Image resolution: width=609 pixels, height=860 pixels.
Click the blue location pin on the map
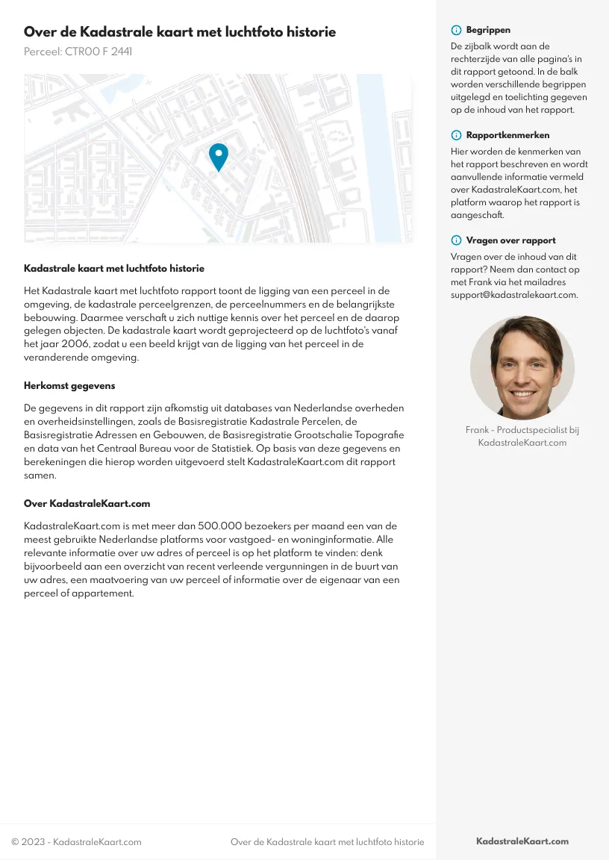click(x=218, y=155)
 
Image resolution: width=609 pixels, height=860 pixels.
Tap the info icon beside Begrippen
click(x=456, y=31)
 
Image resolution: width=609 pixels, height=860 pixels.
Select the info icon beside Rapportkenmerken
click(x=456, y=136)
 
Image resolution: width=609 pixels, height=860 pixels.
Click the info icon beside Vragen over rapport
click(x=456, y=241)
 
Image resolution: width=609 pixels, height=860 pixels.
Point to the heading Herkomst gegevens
click(x=69, y=386)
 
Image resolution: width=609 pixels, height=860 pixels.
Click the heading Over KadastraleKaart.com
click(x=87, y=504)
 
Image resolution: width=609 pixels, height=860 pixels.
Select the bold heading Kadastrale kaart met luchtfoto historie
click(x=114, y=268)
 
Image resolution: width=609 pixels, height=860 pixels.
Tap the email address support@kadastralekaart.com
click(x=514, y=295)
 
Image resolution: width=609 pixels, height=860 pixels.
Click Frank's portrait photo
click(x=522, y=367)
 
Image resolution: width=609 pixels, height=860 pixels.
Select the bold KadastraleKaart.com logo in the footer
click(x=522, y=841)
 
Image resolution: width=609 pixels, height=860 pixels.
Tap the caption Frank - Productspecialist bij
click(x=522, y=430)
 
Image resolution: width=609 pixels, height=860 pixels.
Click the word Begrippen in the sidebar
click(x=488, y=31)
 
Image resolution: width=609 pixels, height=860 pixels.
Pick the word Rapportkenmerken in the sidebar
click(x=507, y=136)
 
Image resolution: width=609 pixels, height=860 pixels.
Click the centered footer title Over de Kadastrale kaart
click(x=327, y=842)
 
